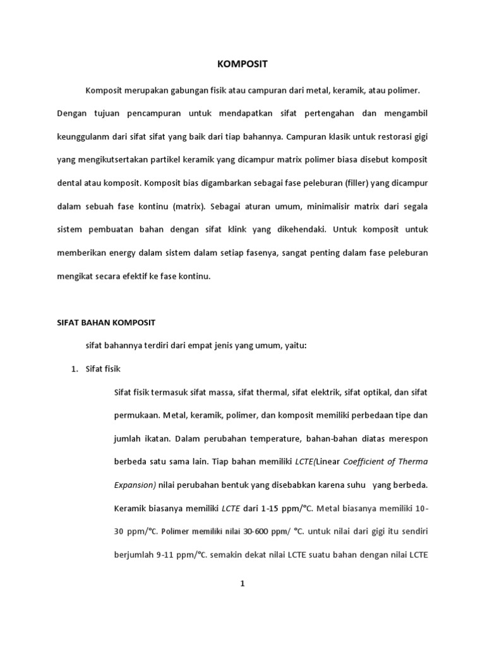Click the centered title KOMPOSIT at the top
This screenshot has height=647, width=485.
[x=242, y=64]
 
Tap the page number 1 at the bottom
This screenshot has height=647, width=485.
[x=242, y=584]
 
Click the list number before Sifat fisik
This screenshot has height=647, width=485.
[x=74, y=369]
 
